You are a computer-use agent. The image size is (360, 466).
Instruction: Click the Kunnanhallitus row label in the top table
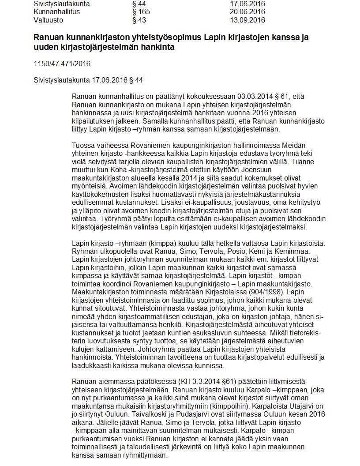pos(56,12)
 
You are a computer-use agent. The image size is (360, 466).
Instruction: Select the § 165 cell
pos(141,12)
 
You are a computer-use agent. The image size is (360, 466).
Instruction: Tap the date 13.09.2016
pos(247,20)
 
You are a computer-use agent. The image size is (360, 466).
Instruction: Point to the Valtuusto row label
pos(48,20)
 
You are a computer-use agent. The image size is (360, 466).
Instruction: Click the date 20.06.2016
pos(247,12)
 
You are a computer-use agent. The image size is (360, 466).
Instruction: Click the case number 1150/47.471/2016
pos(62,64)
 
